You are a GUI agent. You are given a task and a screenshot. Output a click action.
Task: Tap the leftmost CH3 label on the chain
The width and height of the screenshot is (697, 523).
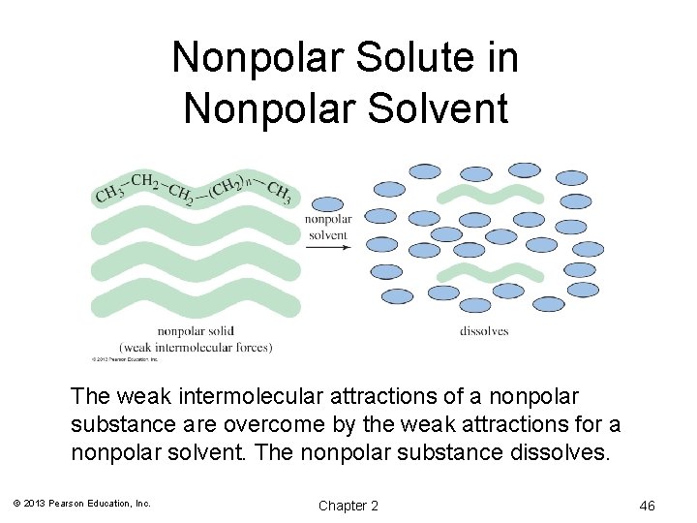point(109,194)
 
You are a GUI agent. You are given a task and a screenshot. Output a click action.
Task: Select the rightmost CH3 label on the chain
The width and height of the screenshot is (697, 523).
point(279,192)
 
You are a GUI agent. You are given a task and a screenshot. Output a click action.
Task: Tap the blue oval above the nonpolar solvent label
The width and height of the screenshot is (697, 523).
point(327,205)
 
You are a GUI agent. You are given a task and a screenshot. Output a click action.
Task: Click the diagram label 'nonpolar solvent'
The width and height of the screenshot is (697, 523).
point(328,228)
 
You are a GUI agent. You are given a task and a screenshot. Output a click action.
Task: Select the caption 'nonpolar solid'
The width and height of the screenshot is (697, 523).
point(196,332)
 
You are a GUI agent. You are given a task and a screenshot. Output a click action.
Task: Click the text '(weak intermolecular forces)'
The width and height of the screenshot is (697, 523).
point(196,347)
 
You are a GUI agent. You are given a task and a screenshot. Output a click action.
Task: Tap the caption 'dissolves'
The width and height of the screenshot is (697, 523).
point(483,331)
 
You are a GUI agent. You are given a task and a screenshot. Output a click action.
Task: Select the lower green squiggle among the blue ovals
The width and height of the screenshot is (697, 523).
point(494,265)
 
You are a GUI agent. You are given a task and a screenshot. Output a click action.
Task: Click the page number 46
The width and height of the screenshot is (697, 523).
point(648,506)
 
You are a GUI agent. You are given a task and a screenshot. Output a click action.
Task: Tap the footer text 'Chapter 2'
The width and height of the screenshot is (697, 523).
point(348,506)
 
